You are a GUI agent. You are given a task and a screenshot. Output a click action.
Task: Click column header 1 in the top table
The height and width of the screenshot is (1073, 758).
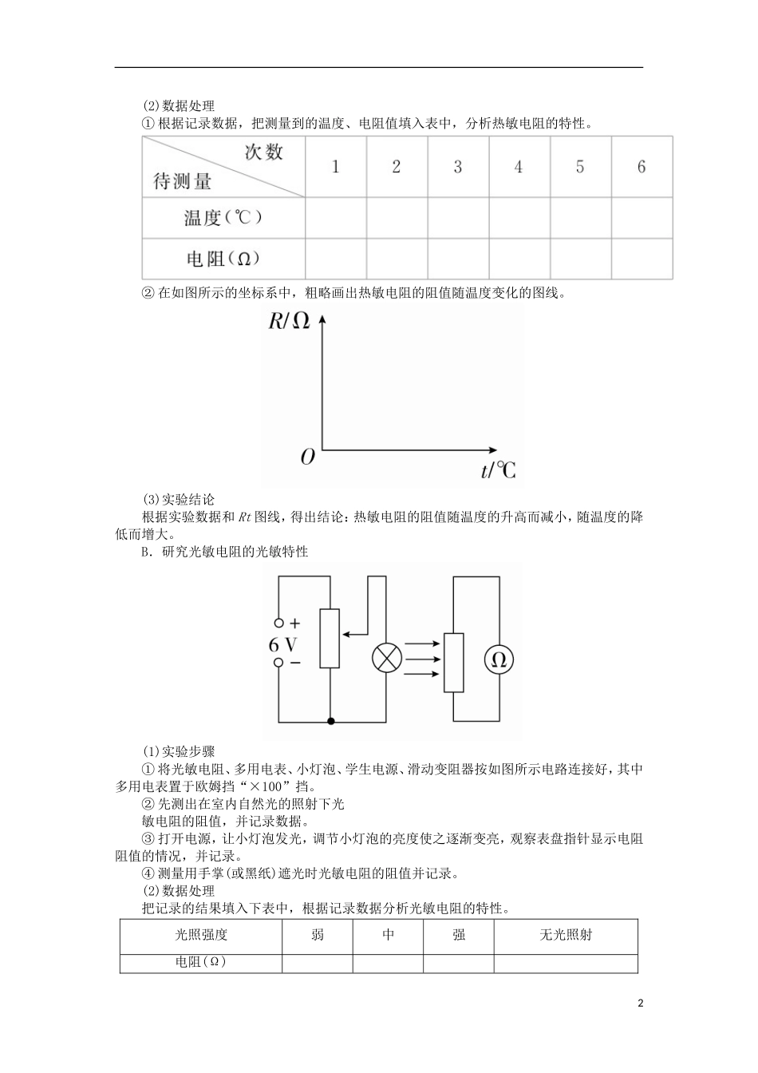336,167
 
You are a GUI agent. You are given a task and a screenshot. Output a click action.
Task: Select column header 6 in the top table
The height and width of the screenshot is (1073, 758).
642,167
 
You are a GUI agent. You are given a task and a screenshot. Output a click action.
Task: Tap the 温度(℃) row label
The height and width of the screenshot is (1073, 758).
223,217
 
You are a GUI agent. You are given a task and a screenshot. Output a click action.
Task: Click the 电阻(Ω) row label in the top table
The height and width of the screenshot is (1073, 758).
223,259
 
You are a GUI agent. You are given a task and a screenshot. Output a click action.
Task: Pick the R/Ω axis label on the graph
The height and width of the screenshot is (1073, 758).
288,321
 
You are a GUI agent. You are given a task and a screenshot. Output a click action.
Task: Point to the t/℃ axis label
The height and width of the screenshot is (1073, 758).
498,470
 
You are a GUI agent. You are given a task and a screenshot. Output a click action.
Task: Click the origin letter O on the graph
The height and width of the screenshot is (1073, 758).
307,457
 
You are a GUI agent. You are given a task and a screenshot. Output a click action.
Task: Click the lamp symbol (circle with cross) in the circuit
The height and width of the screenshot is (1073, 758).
387,659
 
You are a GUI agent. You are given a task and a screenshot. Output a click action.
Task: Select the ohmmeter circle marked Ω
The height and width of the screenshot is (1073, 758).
499,659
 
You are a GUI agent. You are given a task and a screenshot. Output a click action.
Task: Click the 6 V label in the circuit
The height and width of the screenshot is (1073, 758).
283,644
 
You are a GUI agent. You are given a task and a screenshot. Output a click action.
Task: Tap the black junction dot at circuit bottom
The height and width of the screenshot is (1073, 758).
330,720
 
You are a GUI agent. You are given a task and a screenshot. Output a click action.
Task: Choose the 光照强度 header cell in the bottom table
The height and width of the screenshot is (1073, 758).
201,935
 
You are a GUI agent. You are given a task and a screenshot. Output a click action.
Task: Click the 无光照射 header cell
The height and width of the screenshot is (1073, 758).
565,935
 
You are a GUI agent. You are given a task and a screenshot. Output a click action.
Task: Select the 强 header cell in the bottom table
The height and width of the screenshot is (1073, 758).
459,935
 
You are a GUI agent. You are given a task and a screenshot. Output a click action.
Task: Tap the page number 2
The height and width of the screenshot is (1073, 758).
640,1003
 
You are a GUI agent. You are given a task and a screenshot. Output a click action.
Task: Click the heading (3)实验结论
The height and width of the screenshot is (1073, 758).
178,500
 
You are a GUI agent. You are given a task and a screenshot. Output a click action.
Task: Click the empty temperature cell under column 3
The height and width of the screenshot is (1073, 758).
458,217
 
